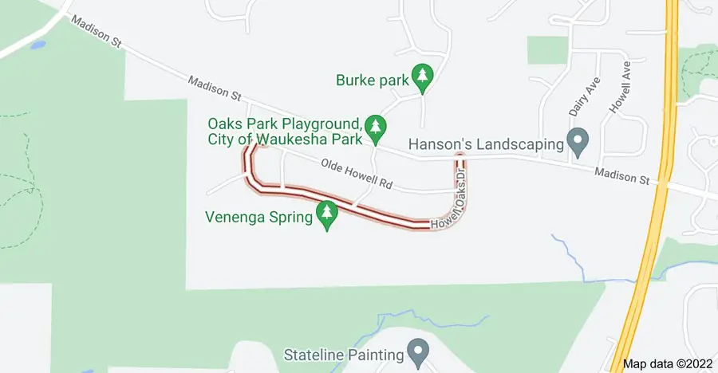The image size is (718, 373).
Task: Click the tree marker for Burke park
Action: (423, 77)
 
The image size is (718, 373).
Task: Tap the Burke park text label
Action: (371, 79)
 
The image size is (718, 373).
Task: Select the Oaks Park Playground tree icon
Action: (377, 128)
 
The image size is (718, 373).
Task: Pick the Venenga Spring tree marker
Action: (326, 214)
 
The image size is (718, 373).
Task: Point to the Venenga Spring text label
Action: (258, 216)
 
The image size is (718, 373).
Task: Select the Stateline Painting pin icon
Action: (416, 351)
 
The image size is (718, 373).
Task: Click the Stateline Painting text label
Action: (343, 352)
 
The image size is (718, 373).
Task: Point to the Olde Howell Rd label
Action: (357, 175)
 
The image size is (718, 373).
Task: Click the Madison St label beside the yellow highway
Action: (621, 175)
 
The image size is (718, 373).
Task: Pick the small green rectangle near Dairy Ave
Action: (547, 49)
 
